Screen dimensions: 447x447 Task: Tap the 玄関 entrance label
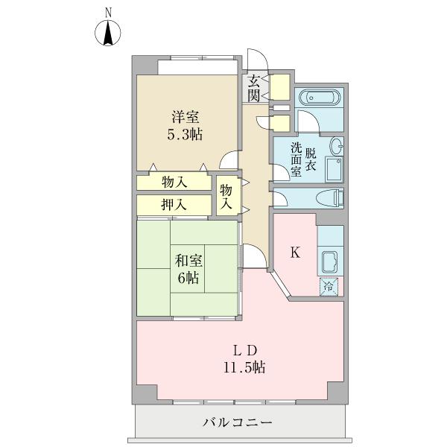point(253,89)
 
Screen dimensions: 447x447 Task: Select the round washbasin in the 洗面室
point(337,146)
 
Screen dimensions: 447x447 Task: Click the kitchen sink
point(329,262)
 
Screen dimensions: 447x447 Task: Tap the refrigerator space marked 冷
point(329,287)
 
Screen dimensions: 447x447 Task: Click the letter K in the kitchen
point(295,253)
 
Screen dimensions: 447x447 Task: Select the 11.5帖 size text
point(244,367)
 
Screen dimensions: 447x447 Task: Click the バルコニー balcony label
point(237,422)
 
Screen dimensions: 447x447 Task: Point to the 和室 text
point(188,261)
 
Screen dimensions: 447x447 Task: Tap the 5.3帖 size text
point(185,134)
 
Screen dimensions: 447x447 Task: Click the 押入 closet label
point(174,205)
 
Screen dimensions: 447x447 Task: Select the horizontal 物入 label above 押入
point(174,183)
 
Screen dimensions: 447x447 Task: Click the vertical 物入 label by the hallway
point(226,197)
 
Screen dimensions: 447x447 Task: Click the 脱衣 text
point(311,160)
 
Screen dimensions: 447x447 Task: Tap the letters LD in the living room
point(245,351)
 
